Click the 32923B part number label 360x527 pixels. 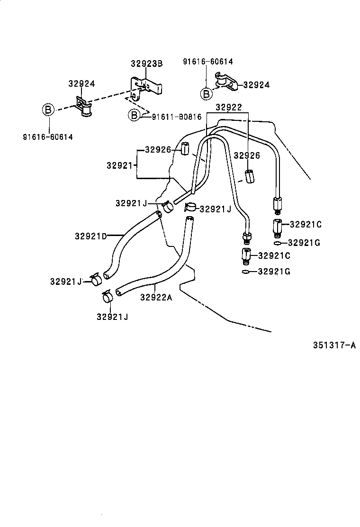(x=146, y=64)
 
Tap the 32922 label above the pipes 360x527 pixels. (x=229, y=108)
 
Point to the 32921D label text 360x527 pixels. (x=91, y=236)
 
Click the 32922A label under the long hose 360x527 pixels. (x=156, y=297)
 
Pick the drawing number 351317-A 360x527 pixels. (x=333, y=345)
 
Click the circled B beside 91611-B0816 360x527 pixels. (x=134, y=115)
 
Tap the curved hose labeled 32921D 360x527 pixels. (x=128, y=242)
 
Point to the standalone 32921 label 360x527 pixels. (x=119, y=165)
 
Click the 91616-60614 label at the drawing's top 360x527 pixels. (x=208, y=62)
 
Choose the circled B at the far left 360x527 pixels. (x=48, y=109)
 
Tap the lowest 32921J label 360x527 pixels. (x=112, y=317)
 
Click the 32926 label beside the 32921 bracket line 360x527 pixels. (x=158, y=150)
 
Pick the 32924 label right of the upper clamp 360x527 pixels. (x=256, y=85)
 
